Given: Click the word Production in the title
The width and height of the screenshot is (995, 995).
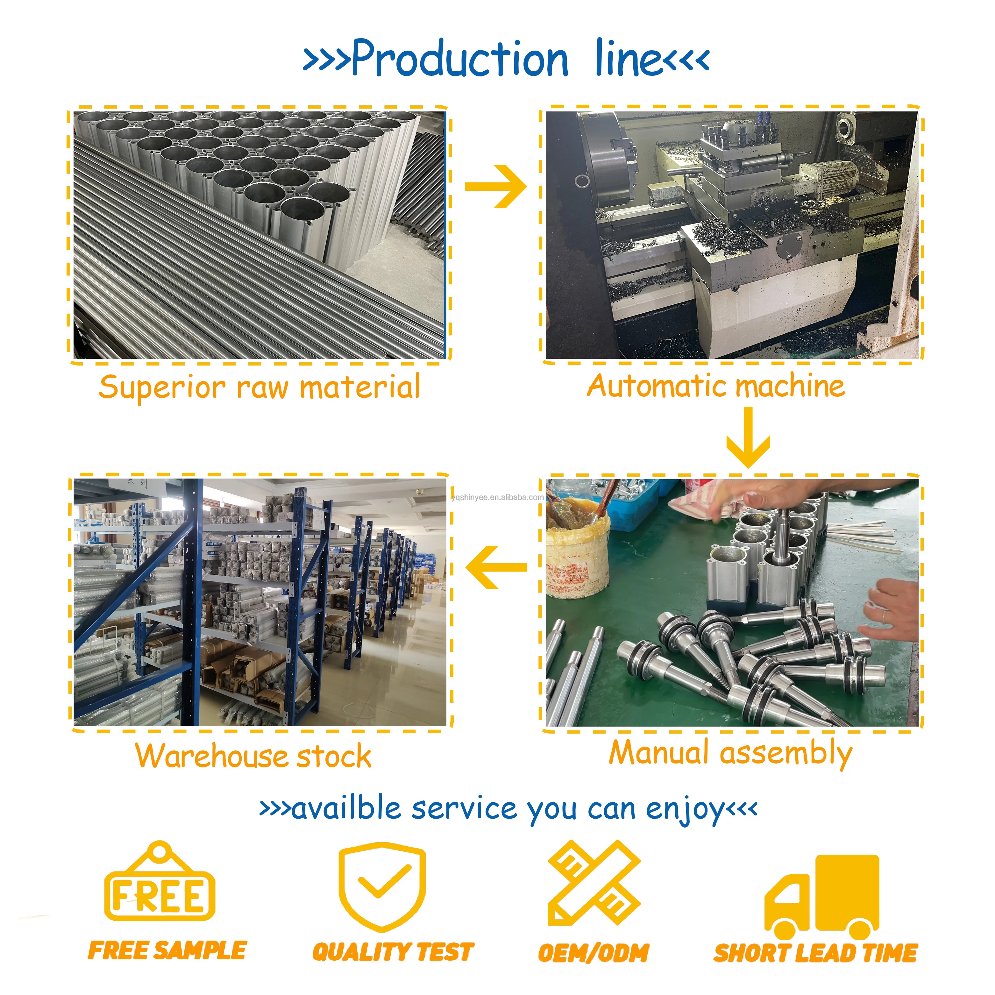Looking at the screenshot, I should point(460,58).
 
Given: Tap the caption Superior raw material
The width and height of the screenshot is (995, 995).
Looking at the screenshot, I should point(259,387).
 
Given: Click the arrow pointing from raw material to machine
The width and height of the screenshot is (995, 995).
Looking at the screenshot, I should point(495,187).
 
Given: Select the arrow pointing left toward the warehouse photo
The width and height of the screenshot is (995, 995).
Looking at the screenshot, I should point(495,567).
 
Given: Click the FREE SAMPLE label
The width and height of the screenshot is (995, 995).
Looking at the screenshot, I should point(167,950).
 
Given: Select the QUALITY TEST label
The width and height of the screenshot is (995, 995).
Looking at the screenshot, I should point(393,951).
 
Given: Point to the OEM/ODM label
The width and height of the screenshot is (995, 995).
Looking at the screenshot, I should point(593,953).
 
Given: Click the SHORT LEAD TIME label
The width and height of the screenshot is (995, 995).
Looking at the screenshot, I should point(815,953).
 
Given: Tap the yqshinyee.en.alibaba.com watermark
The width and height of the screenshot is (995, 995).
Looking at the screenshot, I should point(497,497).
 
